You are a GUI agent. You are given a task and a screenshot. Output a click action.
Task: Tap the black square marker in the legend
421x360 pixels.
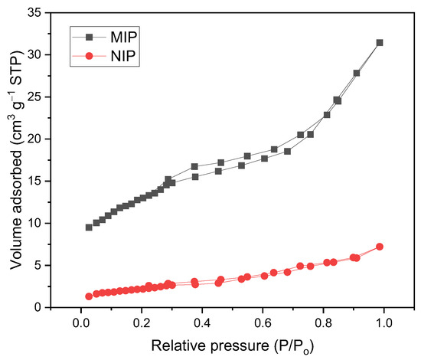click(79, 36)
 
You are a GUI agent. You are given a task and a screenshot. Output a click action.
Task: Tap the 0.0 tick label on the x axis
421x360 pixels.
click(80, 322)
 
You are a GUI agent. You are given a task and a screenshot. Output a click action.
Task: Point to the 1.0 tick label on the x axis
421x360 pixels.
click(383, 322)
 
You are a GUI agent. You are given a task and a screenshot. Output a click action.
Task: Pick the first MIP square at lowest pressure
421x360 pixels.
click(89, 227)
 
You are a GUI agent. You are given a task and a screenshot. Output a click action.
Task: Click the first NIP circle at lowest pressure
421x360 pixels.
click(89, 296)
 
